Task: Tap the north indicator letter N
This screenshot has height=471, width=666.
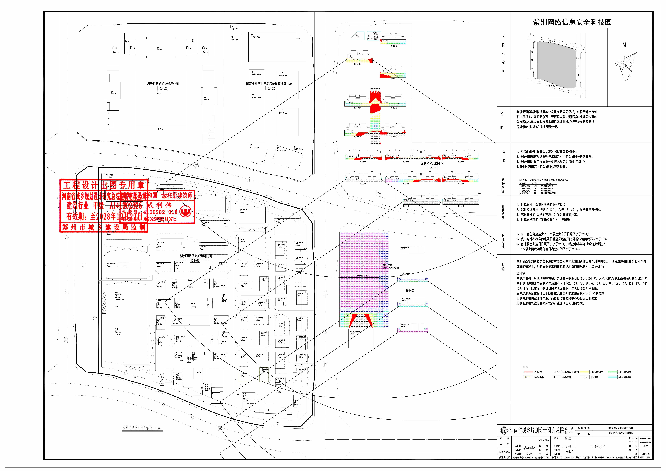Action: (624, 45)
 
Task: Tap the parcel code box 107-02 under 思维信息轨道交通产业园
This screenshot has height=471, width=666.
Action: (162, 88)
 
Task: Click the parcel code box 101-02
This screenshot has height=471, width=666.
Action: (410, 291)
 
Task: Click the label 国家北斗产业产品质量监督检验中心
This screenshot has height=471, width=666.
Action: (269, 84)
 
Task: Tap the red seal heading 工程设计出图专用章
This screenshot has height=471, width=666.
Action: (104, 185)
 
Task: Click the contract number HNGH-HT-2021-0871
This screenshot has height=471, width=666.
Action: (646, 439)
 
